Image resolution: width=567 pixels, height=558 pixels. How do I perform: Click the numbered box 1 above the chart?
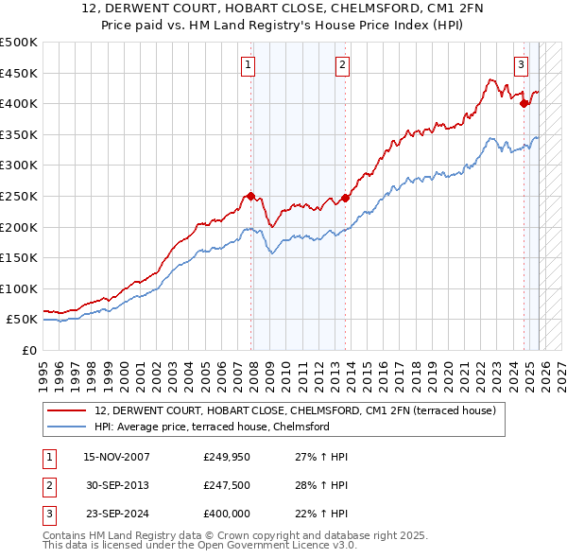[x=248, y=65]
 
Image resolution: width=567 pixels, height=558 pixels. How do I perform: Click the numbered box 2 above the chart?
[x=341, y=65]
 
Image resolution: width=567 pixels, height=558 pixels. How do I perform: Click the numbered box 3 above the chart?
[x=521, y=65]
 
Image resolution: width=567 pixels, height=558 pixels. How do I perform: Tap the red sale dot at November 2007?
[x=251, y=197]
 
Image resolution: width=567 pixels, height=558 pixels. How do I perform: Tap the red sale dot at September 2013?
[x=345, y=198]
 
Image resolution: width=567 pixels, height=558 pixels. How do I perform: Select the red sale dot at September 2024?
[x=524, y=104]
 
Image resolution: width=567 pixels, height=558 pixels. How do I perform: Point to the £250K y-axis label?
[x=19, y=196]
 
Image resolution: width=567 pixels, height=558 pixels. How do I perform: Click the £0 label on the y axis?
[x=29, y=350]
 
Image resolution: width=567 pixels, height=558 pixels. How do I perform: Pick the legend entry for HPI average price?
[x=211, y=427]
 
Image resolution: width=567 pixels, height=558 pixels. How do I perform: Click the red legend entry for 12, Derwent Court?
[x=301, y=410]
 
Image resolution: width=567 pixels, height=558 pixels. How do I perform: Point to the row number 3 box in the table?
[x=48, y=514]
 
